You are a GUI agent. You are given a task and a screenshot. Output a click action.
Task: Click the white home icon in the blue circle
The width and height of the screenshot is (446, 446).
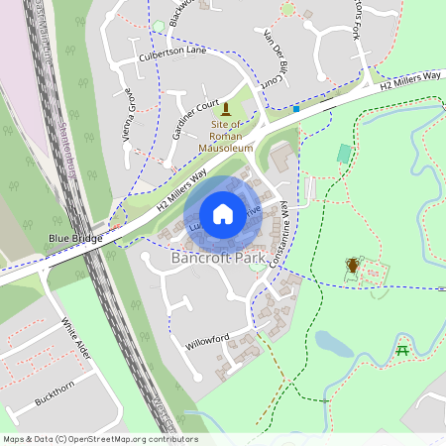pyautogui.click(x=223, y=214)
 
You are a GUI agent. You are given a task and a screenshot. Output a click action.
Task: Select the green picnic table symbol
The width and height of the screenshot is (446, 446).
pyautogui.click(x=402, y=350)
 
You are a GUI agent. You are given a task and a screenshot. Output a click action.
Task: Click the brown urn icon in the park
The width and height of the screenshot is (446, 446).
pyautogui.click(x=352, y=266)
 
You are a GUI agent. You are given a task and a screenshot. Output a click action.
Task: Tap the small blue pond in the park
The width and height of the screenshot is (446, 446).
pyautogui.click(x=333, y=343)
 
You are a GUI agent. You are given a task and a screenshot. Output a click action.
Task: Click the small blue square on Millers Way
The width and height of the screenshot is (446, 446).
pyautogui.click(x=295, y=109)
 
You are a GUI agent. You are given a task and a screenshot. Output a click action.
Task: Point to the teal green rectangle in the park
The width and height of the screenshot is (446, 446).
pyautogui.click(x=343, y=154)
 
